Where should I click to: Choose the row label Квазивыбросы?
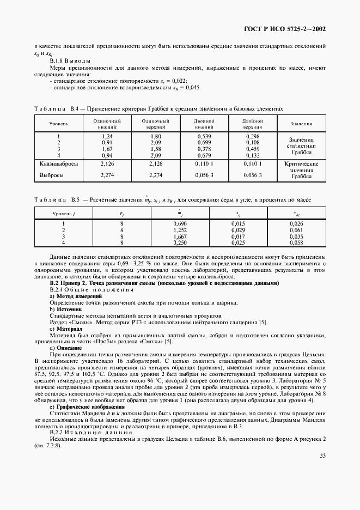coord(59,163)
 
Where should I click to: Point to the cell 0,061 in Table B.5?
coord(296,230)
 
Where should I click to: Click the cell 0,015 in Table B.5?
coord(237,223)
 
